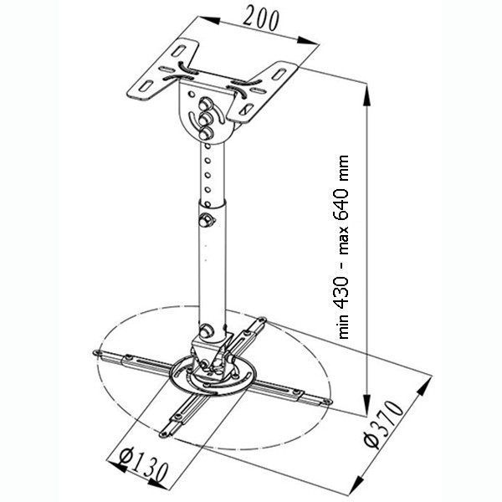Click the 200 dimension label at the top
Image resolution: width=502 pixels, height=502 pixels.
click(260, 19)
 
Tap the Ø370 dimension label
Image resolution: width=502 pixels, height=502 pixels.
click(384, 424)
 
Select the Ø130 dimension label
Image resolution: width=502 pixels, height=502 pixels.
click(143, 467)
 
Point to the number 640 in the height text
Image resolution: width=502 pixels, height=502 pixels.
click(341, 203)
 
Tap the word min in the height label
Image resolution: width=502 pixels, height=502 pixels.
click(342, 326)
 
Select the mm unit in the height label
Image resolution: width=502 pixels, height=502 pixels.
click(342, 168)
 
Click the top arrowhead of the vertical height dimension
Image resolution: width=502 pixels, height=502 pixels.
click(367, 95)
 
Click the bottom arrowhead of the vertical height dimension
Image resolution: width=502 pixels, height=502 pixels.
click(367, 404)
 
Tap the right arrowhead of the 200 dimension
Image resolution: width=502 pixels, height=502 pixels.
click(307, 40)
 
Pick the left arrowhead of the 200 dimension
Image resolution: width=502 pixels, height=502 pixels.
click(209, 20)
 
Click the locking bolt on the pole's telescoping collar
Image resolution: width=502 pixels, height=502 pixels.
click(205, 220)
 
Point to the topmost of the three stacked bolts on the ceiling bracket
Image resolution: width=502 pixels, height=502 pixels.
click(205, 105)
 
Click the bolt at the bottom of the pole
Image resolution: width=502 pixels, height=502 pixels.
click(207, 330)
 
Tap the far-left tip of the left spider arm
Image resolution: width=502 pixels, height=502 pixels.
click(95, 352)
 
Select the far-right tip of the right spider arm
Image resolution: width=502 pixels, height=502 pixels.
click(329, 402)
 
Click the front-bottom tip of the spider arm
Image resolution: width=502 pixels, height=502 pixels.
click(163, 434)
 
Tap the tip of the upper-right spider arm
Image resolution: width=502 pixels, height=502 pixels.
click(263, 319)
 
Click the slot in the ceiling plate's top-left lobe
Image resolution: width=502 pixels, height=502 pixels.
click(179, 50)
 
